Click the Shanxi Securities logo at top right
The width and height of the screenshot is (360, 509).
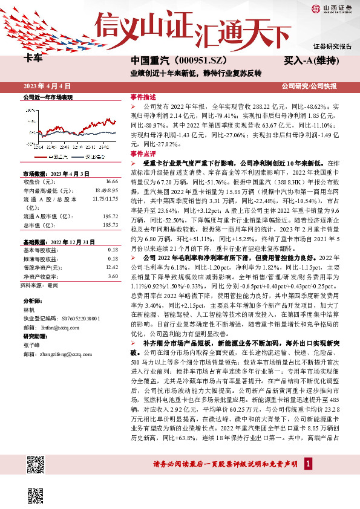[x=331, y=8]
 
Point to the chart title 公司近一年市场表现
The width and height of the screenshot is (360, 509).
[x=48, y=97]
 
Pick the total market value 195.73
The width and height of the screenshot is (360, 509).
[x=110, y=224]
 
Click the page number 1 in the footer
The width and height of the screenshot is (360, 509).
[x=309, y=464]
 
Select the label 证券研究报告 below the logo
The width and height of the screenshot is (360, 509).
[x=332, y=46]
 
